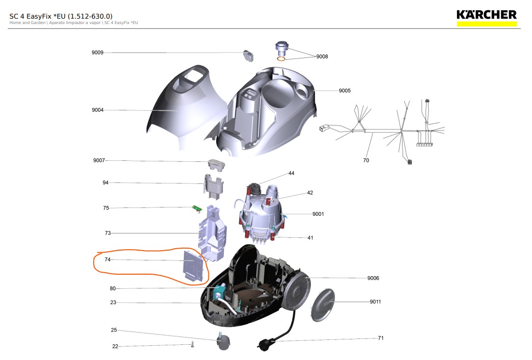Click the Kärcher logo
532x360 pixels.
pos(486,18)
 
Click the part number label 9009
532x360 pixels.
pos(98,52)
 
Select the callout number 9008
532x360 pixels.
pos(322,57)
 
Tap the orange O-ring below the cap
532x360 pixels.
pos(281,59)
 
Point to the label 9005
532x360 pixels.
pos(345,91)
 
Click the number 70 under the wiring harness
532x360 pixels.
pos(366,160)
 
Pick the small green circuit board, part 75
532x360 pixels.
pos(197,208)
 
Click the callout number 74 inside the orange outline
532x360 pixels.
pos(107,259)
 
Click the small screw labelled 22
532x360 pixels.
pos(193,345)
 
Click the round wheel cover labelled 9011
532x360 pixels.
pos(323,305)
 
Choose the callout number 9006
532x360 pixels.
pos(373,278)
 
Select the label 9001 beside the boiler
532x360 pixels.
pos(318,214)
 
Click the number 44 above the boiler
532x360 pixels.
pos(291,174)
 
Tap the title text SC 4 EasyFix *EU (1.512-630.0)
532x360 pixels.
pos(61,16)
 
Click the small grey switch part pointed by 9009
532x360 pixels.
pos(248,56)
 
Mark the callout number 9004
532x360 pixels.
pos(98,110)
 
